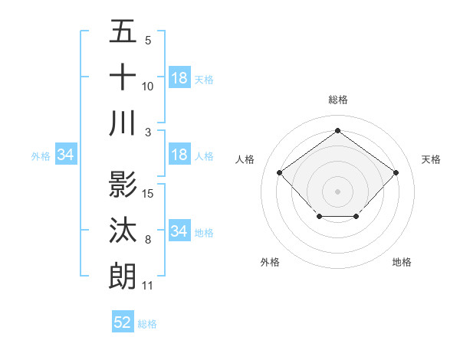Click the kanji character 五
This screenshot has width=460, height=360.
pyautogui.click(x=123, y=33)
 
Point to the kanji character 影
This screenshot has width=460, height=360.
pyautogui.click(x=123, y=185)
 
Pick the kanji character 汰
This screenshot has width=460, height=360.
pyautogui.click(x=123, y=231)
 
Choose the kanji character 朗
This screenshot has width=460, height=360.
pyautogui.click(x=123, y=276)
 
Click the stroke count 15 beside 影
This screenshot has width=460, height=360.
pyautogui.click(x=149, y=192)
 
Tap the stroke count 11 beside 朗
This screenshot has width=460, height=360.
pyautogui.click(x=148, y=286)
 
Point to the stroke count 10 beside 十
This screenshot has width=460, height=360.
pyautogui.click(x=148, y=87)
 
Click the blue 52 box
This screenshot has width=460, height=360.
pyautogui.click(x=123, y=322)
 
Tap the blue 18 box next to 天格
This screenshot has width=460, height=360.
pyautogui.click(x=179, y=77)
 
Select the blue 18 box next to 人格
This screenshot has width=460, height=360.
pyautogui.click(x=179, y=155)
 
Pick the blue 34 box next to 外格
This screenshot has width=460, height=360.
pyautogui.click(x=66, y=155)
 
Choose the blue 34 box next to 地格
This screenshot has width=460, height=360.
pyautogui.click(x=179, y=231)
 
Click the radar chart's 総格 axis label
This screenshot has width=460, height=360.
pyautogui.click(x=338, y=100)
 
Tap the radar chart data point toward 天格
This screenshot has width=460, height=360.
pyautogui.click(x=396, y=172)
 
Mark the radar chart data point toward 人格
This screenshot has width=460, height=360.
pyautogui.click(x=279, y=172)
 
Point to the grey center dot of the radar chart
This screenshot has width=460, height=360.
pyautogui.click(x=337, y=191)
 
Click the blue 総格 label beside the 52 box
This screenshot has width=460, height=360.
pyautogui.click(x=147, y=324)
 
